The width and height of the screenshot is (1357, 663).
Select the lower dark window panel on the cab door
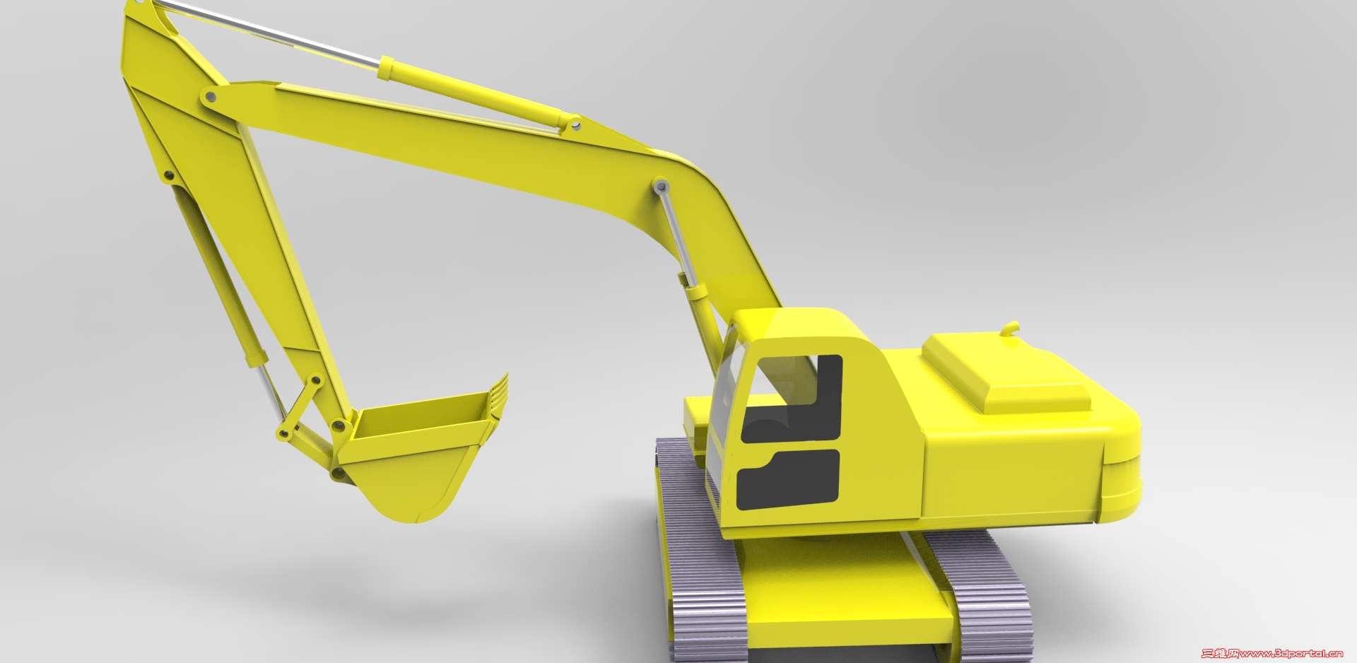788,481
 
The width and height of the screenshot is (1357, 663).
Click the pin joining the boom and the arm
209,95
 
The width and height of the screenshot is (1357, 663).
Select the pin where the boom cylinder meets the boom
661,187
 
